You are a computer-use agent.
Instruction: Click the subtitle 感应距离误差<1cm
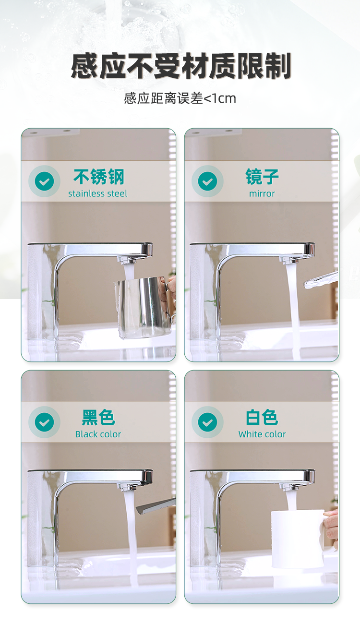tap(180, 98)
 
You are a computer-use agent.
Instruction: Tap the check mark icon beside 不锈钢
tap(45, 181)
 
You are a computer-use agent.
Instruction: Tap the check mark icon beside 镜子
tap(207, 181)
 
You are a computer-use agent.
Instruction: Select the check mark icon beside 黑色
tap(45, 422)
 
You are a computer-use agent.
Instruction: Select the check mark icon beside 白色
tap(207, 422)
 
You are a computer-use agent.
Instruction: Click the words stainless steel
tap(98, 194)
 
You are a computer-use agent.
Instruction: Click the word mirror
tap(262, 194)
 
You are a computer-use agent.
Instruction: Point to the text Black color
tap(98, 434)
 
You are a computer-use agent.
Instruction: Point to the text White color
tap(262, 434)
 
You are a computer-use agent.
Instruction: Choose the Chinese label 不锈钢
tap(98, 177)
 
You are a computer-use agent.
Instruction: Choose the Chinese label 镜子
tap(262, 177)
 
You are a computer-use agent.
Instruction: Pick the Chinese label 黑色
tap(98, 417)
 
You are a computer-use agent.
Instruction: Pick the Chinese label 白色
tap(262, 417)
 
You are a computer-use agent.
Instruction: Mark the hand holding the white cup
tap(332, 523)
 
